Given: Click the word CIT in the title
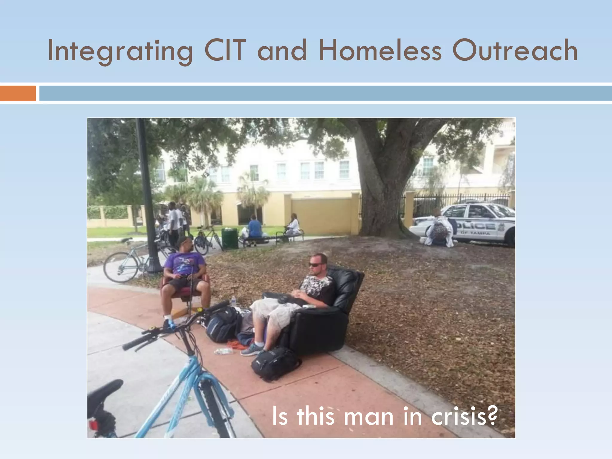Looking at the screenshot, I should pos(225,51).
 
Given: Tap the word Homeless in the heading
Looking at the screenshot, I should pos(380,51).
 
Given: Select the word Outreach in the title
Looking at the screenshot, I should pos(515,51).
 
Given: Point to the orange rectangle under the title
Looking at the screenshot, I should pos(18,93).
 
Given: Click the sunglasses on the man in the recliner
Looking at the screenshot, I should pos(316,265).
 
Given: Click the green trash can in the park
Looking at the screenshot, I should pos(229,238).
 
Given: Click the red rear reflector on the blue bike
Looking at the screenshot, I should pos(93,425).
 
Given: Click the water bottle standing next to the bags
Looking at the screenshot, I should pos(233,302).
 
